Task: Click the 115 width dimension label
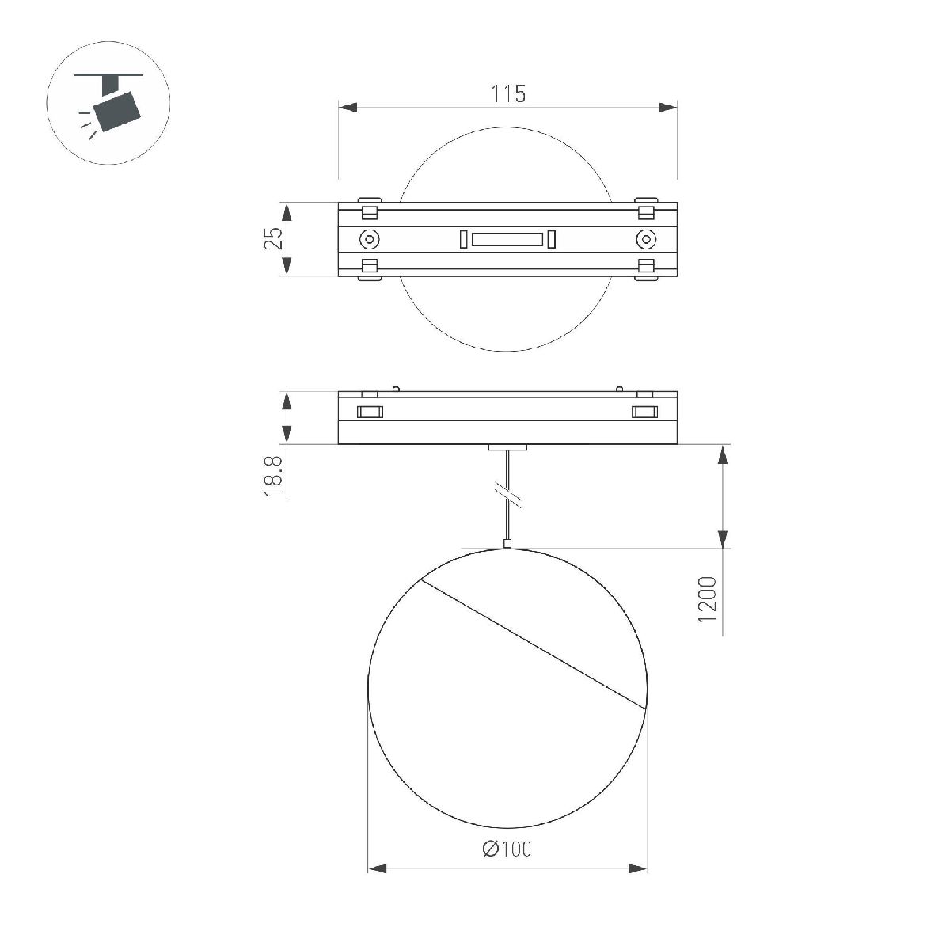[508, 93]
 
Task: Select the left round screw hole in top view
[369, 239]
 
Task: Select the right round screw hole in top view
[646, 239]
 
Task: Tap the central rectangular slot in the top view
[507, 239]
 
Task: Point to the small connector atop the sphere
[507, 543]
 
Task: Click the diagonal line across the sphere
[530, 643]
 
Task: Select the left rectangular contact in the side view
[370, 412]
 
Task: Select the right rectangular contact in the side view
[645, 412]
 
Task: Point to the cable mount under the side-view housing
[507, 448]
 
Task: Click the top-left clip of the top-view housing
[369, 208]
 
